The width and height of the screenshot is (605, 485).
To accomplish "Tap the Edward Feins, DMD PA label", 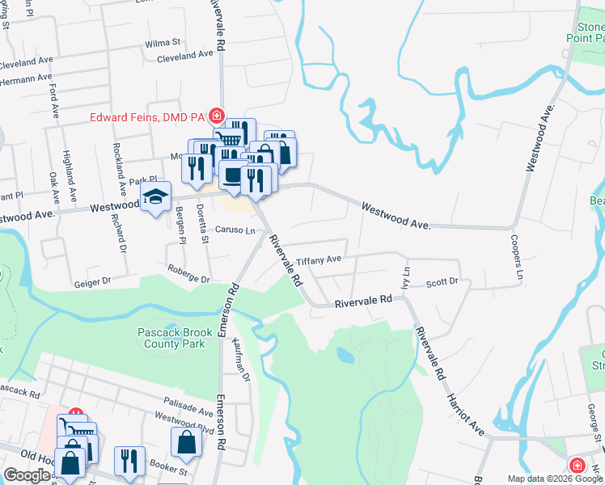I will coord(146,116).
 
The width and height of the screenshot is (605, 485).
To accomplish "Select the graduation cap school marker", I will coord(155,197).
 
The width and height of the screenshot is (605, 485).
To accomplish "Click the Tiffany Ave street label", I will coord(319,261).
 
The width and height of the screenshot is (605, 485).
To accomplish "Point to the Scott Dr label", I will coord(442,282).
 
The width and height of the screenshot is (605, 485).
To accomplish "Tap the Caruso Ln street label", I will coord(235,230).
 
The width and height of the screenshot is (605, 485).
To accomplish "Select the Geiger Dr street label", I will coord(91,282).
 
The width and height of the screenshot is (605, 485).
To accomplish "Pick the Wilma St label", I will coord(163,42).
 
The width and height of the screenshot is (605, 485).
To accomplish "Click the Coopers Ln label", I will coord(514,259).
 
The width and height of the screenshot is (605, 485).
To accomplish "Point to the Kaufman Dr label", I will coord(241,360).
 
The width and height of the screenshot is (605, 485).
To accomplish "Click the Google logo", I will coord(27,475).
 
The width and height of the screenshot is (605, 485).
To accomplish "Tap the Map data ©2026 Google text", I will coord(554,479).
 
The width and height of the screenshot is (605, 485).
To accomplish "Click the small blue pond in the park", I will coord(345,355).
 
